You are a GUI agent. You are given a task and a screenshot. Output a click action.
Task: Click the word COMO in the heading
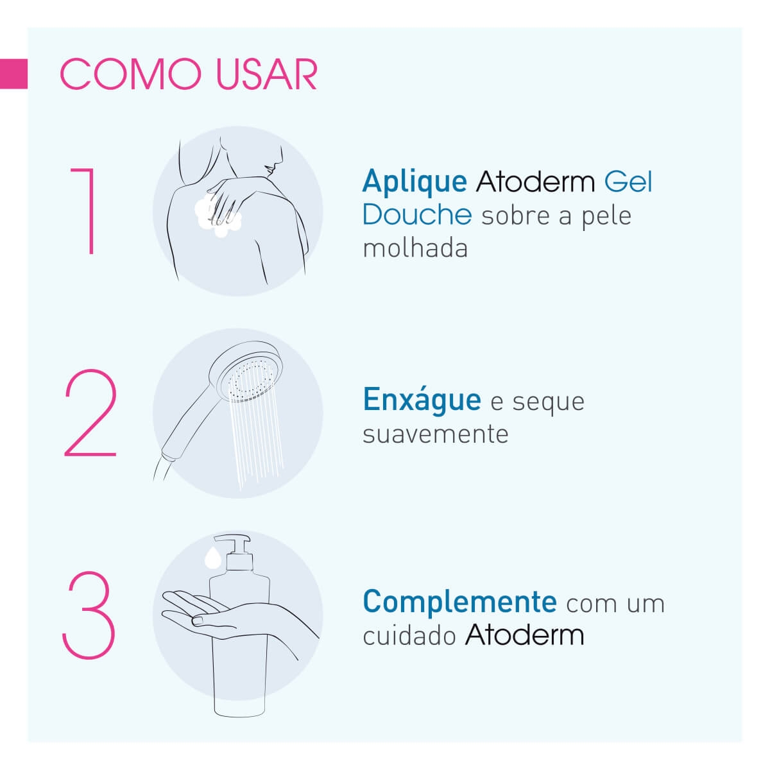click(131, 74)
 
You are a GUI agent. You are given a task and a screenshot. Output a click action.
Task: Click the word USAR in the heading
click(266, 74)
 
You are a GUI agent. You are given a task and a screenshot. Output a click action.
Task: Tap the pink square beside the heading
click(13, 74)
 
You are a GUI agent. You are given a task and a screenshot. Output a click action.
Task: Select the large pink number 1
click(84, 211)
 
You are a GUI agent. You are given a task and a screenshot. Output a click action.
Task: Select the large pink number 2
click(90, 413)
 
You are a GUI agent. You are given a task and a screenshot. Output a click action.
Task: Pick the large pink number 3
click(89, 615)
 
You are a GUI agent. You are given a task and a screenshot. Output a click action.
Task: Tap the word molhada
click(415, 248)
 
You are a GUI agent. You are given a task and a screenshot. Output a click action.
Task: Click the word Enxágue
click(422, 400)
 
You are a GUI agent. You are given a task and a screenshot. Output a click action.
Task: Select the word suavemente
click(436, 435)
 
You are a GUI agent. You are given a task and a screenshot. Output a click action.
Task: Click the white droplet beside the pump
click(212, 558)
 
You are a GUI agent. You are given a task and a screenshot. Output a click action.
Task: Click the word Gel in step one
click(628, 182)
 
